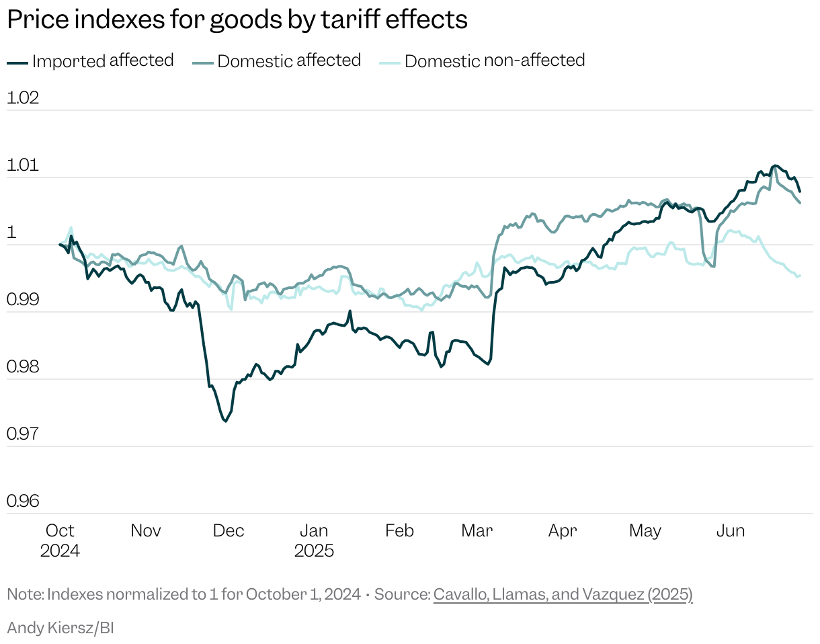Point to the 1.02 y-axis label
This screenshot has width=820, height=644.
tap(23, 98)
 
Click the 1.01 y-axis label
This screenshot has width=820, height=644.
tap(23, 165)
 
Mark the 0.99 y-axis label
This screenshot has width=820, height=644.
tap(23, 300)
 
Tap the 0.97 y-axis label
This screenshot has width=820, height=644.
tap(23, 434)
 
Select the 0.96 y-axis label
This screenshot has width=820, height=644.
tap(23, 501)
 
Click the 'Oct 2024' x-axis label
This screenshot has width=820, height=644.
tap(59, 540)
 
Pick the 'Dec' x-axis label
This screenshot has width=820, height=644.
tap(229, 531)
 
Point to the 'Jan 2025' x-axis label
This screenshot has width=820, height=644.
tap(314, 540)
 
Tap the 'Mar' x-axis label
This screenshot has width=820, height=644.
tap(477, 531)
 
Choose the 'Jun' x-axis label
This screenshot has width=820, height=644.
tap(730, 531)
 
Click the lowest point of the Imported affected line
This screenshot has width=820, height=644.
tap(225, 421)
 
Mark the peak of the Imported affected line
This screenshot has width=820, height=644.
tap(775, 165)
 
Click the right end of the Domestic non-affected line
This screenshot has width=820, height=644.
tap(799, 275)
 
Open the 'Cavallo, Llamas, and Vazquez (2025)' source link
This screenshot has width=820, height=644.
tap(563, 595)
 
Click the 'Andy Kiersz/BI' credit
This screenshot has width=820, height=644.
tap(60, 629)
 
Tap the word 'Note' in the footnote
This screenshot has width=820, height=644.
tap(24, 595)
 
